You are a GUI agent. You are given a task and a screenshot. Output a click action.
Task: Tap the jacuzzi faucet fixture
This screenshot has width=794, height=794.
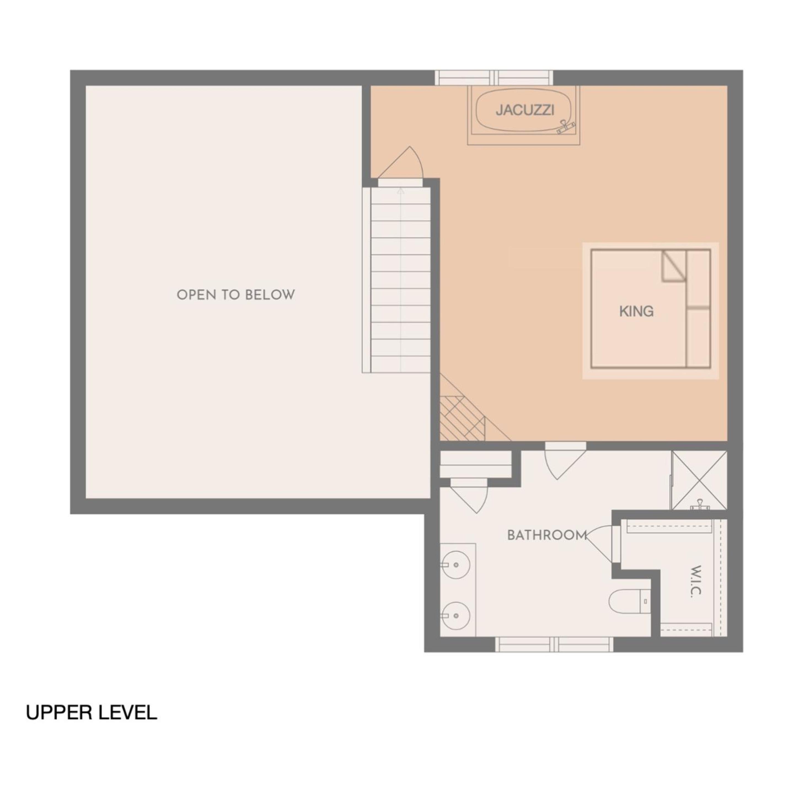[566, 126]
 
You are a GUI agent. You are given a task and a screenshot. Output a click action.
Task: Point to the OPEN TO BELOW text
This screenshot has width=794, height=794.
[235, 295]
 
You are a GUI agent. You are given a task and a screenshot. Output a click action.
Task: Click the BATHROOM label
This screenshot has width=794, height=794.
[547, 535]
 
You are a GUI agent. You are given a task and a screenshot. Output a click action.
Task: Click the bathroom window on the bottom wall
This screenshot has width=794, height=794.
[554, 644]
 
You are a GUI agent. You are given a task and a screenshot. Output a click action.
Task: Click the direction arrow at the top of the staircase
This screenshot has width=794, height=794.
[401, 191]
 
